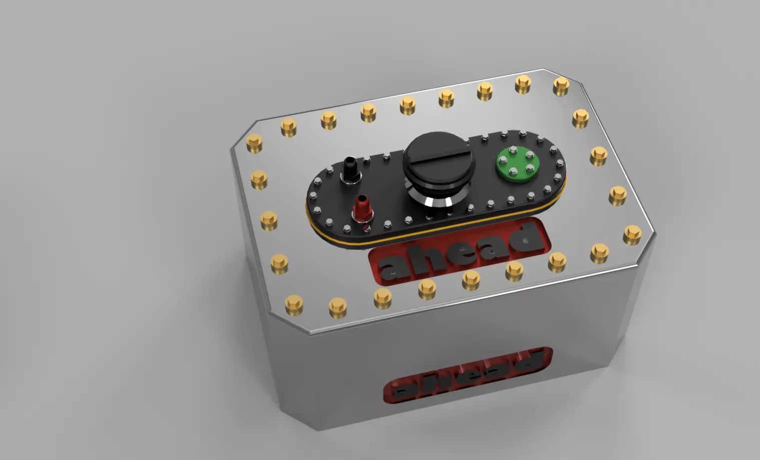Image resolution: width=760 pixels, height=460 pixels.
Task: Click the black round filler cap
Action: [x=438, y=155]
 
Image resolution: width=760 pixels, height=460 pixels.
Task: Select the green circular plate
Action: [x=518, y=163]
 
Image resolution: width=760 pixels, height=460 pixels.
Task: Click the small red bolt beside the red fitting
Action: [x=366, y=228]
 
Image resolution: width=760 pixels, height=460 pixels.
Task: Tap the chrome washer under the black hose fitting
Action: [x=349, y=180]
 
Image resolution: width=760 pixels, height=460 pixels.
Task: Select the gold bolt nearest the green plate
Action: [x=598, y=156]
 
